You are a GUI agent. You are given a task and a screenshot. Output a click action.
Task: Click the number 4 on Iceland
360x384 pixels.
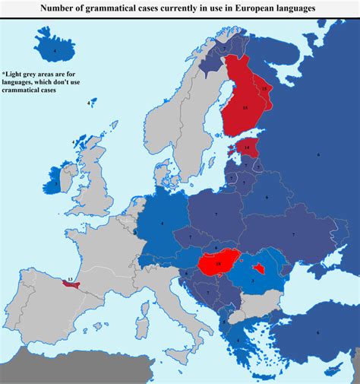click(x=54, y=51)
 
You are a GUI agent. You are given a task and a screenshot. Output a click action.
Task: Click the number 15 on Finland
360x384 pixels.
click(x=245, y=108)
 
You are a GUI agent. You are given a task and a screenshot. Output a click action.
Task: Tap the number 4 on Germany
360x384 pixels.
click(x=162, y=223)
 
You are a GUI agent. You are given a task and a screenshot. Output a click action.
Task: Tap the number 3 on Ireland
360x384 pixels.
click(x=55, y=182)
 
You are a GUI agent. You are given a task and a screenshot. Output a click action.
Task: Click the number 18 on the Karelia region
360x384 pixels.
click(x=264, y=89)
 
